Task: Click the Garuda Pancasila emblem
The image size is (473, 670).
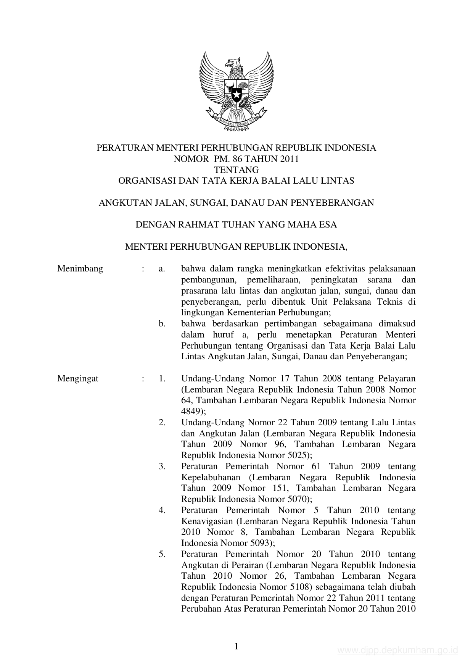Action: (x=236, y=92)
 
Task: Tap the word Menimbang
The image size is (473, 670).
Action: (x=80, y=269)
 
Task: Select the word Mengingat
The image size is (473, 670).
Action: (x=78, y=379)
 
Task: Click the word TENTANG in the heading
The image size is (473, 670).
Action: (x=236, y=170)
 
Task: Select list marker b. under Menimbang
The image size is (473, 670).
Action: (x=162, y=324)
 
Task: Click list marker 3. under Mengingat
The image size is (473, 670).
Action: (x=162, y=467)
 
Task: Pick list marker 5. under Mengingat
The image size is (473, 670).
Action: (x=162, y=554)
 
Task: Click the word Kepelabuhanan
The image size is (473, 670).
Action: (x=211, y=478)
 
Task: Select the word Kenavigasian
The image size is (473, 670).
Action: (x=208, y=521)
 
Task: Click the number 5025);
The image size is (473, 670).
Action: (x=294, y=455)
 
